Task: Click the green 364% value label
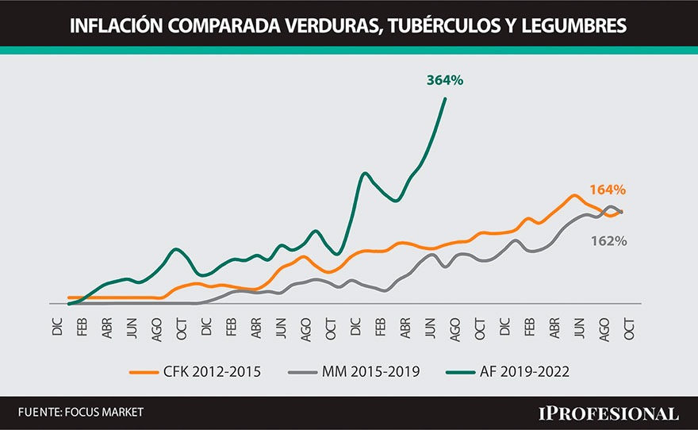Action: point(444,80)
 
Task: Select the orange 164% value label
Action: point(608,190)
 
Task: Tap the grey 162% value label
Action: point(608,240)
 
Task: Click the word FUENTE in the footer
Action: point(38,413)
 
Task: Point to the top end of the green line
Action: point(445,99)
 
